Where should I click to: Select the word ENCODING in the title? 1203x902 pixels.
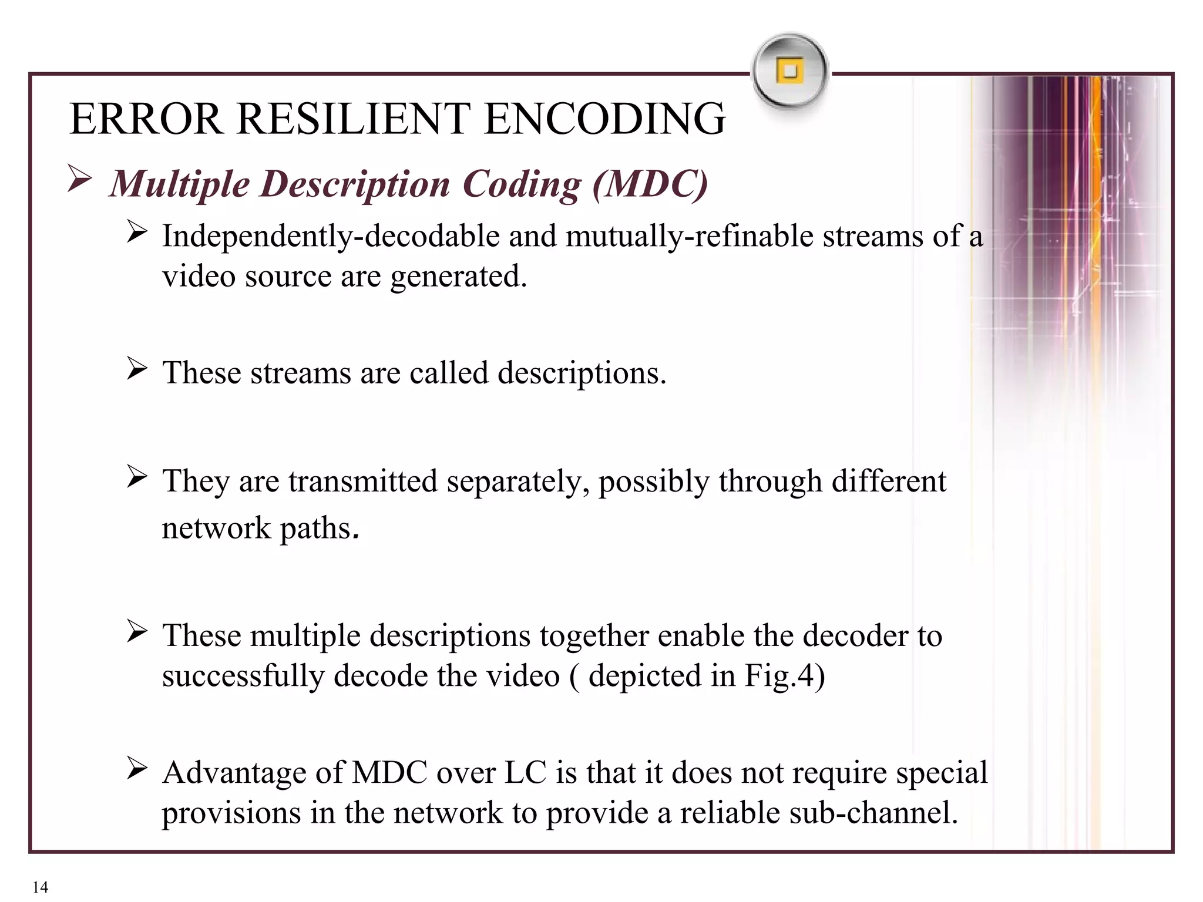(x=605, y=119)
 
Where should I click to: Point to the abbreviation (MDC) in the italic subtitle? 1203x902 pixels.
(x=650, y=184)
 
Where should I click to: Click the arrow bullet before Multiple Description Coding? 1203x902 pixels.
(x=79, y=179)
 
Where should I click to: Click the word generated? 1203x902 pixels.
(x=459, y=276)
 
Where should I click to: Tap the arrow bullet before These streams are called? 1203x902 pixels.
(x=137, y=369)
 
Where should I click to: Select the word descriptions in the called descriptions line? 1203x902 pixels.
(x=582, y=373)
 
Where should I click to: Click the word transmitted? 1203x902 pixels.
(x=363, y=481)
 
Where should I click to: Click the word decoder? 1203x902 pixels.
(x=855, y=635)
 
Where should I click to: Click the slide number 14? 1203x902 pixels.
(x=41, y=887)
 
